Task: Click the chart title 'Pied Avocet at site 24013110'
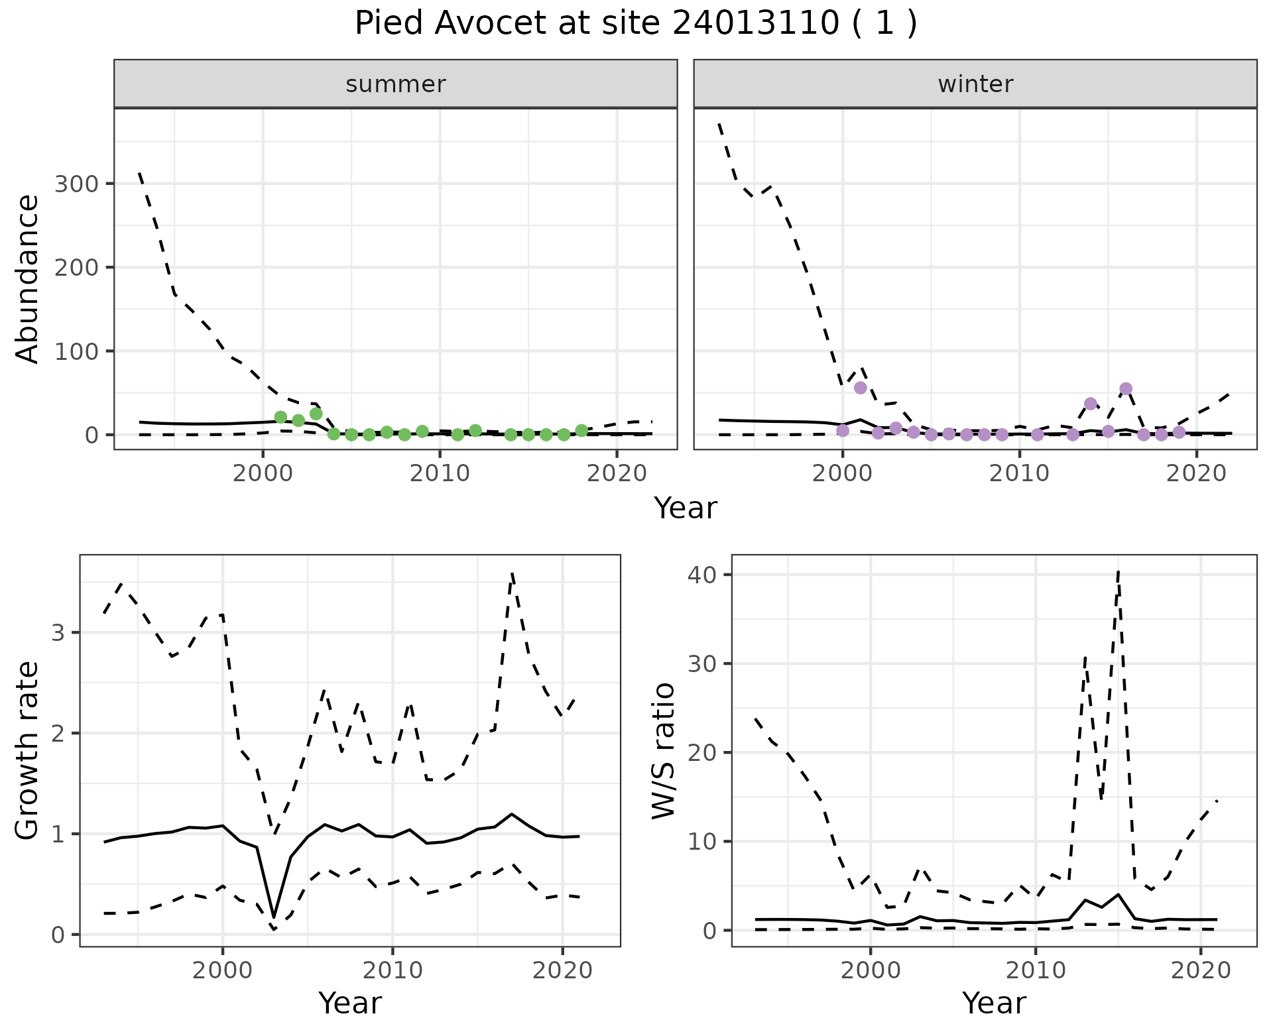(x=635, y=24)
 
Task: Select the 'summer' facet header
(x=395, y=84)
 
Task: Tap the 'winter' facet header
(x=975, y=84)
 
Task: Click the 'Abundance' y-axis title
(x=28, y=278)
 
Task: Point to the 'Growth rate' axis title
(x=28, y=750)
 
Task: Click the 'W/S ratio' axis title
(x=663, y=750)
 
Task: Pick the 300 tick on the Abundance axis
(x=76, y=184)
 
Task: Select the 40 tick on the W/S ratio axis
(x=703, y=575)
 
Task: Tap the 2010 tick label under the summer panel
(x=440, y=474)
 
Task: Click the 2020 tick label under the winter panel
(x=1197, y=474)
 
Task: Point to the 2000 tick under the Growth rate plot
(x=223, y=971)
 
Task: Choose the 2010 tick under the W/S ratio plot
(x=1035, y=971)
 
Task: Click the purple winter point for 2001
(x=861, y=388)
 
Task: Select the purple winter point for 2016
(x=1126, y=388)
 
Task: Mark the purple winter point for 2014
(x=1091, y=404)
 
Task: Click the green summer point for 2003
(x=316, y=414)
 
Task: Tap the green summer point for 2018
(x=581, y=431)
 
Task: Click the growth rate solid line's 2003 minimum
(x=274, y=917)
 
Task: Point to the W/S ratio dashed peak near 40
(x=1119, y=571)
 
